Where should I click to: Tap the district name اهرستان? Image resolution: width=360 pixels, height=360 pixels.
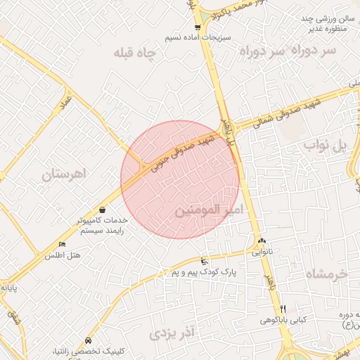tap(63, 173)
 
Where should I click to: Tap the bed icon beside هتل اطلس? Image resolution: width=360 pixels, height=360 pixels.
tap(62, 244)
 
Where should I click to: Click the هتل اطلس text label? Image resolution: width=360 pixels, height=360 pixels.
tap(63, 255)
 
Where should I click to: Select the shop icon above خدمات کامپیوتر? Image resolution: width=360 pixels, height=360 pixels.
tap(103, 209)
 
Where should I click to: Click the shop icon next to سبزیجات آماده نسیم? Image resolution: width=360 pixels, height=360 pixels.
tap(198, 27)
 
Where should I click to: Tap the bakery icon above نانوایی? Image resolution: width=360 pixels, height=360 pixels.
tap(261, 240)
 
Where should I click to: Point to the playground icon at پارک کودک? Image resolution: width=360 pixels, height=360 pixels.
tap(204, 261)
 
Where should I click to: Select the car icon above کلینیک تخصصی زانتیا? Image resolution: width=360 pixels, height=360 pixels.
tap(86, 339)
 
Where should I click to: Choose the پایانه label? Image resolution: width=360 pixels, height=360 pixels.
tap(8, 287)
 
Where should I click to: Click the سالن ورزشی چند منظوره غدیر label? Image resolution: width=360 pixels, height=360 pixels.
tap(328, 23)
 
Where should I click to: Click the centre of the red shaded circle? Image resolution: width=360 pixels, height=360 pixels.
tap(180, 179)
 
